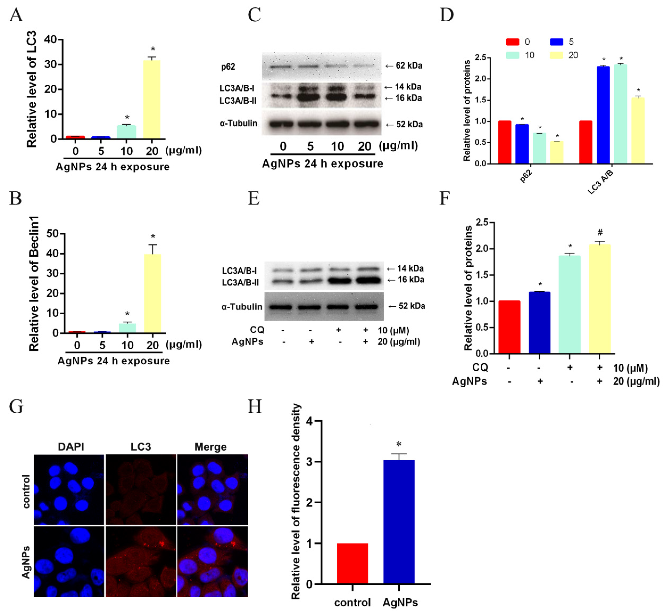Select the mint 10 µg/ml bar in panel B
pos(127,328)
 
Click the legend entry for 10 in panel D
pos(529,55)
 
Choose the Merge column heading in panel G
pos(211,447)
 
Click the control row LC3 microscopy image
pos(141,489)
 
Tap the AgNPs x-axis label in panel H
pos(400,602)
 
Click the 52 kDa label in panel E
pos(412,306)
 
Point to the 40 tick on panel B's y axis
pos(52,254)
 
